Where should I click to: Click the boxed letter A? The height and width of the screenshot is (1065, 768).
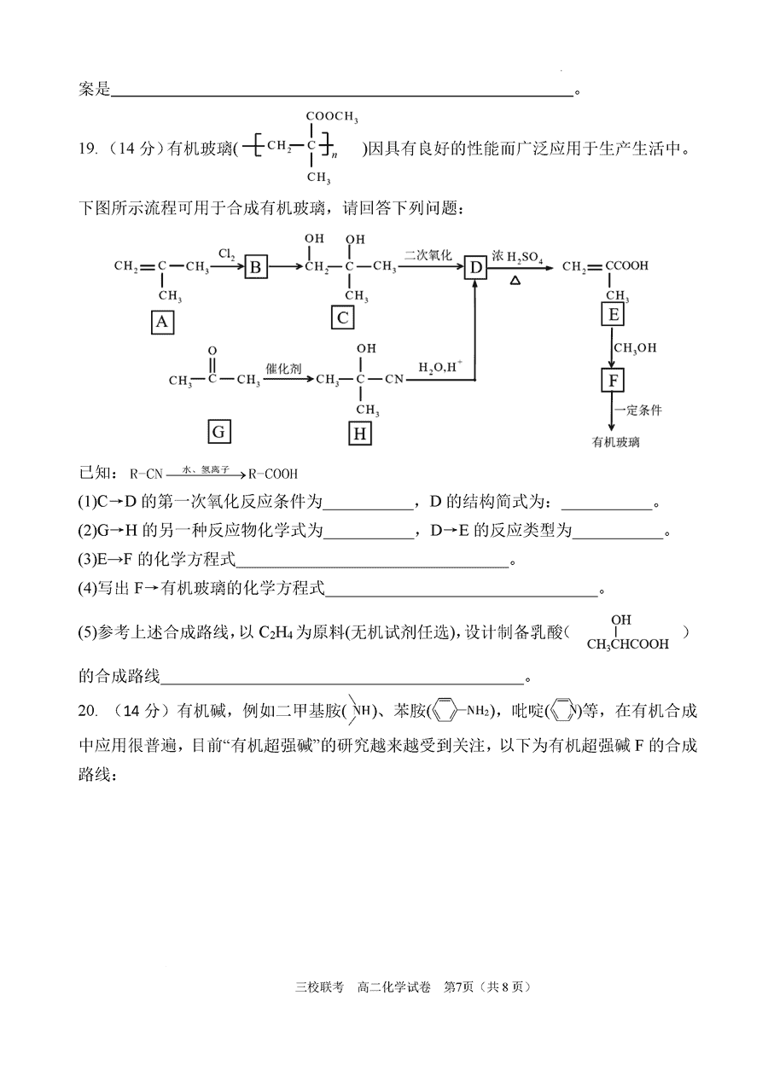tap(162, 323)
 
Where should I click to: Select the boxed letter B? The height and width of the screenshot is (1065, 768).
tap(256, 267)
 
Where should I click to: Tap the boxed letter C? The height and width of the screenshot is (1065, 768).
tap(342, 317)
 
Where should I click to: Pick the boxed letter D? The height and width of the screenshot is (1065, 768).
tap(475, 268)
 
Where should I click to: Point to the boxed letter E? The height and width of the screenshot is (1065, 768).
tap(613, 315)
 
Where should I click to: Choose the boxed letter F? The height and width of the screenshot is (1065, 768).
tap(613, 381)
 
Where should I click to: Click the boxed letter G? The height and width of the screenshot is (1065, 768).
tap(219, 432)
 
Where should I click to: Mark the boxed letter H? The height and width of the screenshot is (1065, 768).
tap(360, 434)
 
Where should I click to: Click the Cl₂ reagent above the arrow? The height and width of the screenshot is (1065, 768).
tap(226, 254)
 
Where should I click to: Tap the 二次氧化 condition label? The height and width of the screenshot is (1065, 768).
tap(428, 255)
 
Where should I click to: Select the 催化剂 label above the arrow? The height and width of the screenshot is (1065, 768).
tap(283, 369)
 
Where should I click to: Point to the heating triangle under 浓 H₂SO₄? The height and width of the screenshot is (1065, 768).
tap(515, 281)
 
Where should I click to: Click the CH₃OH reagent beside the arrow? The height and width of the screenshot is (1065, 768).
tap(635, 348)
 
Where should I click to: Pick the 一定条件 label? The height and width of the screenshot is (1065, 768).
tap(638, 410)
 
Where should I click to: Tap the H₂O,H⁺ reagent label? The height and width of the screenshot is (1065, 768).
tap(440, 366)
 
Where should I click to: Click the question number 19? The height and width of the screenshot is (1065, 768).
tap(88, 149)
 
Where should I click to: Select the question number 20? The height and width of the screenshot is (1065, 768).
tap(88, 711)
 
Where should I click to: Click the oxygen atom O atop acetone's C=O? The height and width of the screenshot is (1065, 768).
tap(212, 351)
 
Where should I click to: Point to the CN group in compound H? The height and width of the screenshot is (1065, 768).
tap(394, 379)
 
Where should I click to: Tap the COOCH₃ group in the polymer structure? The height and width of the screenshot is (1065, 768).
tap(332, 116)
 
